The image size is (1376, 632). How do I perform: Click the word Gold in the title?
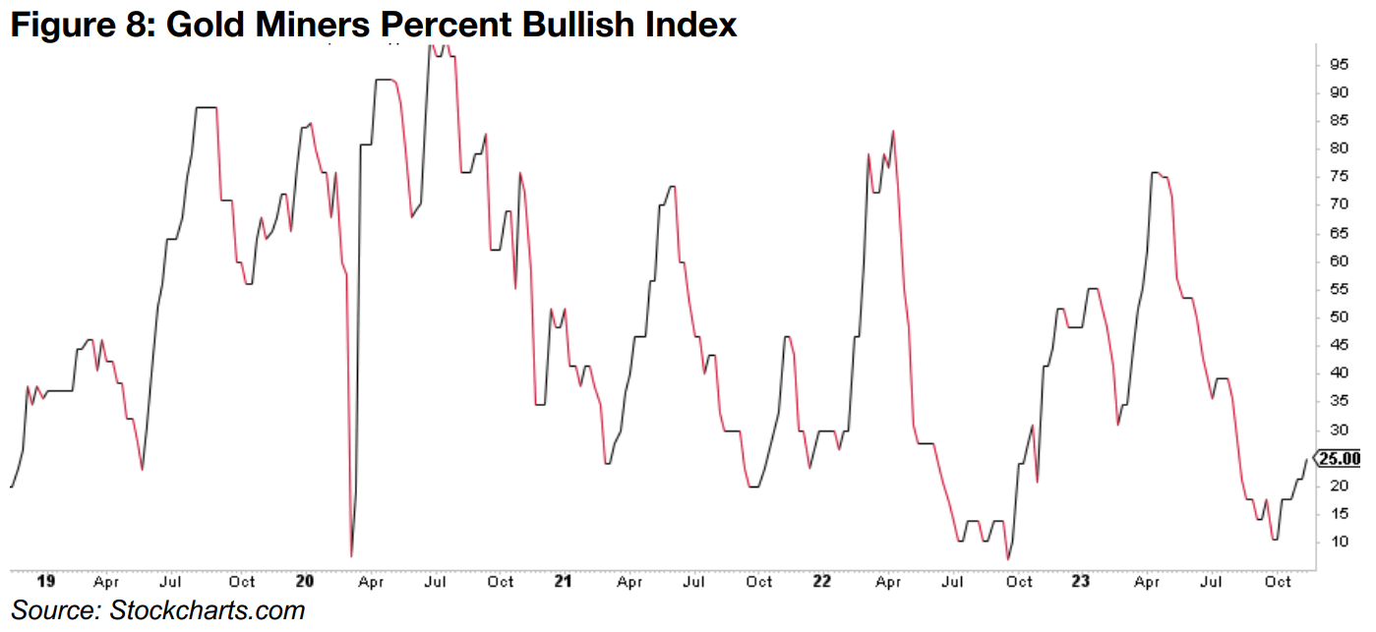click(210, 23)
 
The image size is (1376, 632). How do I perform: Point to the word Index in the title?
click(693, 23)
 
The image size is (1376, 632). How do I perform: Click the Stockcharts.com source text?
click(208, 609)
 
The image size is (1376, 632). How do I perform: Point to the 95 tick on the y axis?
click(1339, 64)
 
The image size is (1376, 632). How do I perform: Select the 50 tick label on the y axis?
click(1339, 317)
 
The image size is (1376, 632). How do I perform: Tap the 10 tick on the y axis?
click(1339, 543)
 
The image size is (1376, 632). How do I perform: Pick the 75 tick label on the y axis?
click(1339, 177)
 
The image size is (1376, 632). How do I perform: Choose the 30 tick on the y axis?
click(1339, 431)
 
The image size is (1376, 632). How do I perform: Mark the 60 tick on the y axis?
click(1339, 261)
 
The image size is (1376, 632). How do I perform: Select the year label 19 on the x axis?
click(44, 582)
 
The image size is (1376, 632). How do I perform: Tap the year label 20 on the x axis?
click(304, 582)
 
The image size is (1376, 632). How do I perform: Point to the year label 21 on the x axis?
click(563, 582)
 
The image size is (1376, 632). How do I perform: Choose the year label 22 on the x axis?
click(822, 582)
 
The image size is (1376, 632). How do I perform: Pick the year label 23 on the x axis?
click(1081, 582)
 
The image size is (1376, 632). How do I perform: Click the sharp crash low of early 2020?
click(351, 556)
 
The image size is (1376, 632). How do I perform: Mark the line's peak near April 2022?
click(893, 131)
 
